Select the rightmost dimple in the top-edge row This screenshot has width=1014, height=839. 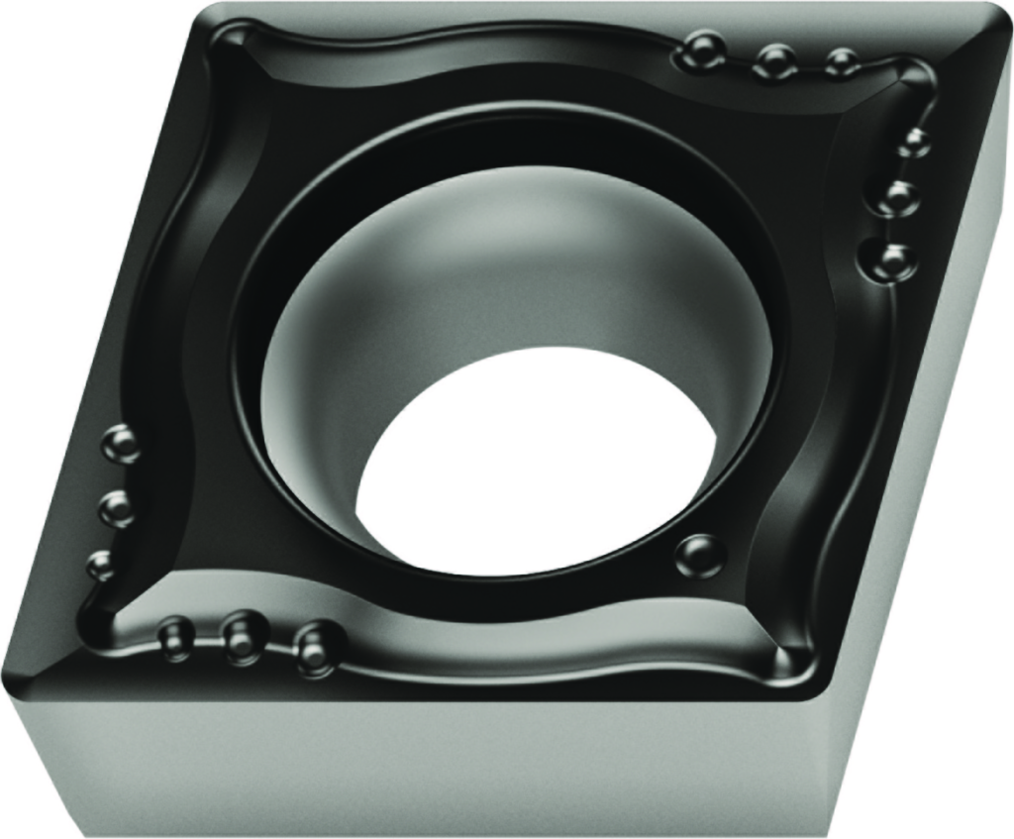point(840,62)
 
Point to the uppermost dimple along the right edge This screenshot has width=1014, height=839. point(914,142)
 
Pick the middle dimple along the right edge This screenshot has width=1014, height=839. point(898,196)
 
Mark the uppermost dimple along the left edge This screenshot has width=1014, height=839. point(122,443)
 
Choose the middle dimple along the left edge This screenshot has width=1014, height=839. point(116,506)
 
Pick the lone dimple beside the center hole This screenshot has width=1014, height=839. point(700,555)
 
